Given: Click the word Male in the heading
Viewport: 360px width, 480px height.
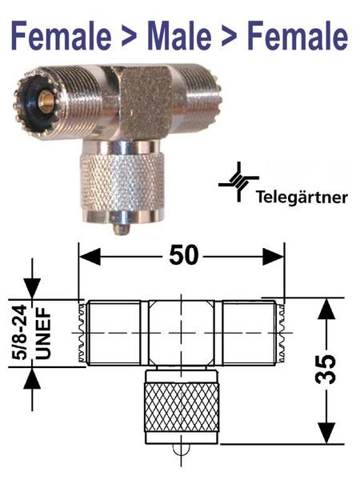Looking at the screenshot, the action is tap(179, 36).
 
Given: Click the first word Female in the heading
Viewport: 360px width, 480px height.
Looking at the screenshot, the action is tap(62, 36).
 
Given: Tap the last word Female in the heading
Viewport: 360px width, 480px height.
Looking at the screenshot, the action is tap(298, 36).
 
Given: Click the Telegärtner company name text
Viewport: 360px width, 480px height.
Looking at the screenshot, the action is tap(302, 198).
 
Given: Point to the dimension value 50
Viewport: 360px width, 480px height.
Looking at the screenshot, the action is tap(184, 254).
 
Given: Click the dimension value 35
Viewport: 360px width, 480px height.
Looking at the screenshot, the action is tap(326, 369).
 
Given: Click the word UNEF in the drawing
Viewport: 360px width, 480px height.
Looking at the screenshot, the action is tap(43, 333).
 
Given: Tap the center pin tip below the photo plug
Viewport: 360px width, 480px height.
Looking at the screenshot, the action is tap(122, 230).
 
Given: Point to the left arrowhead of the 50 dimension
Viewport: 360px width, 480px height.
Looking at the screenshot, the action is tap(90, 257).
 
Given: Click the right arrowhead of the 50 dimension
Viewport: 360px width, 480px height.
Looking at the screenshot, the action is tap(274, 257).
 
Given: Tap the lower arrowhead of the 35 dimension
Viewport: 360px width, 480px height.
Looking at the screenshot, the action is tap(327, 433).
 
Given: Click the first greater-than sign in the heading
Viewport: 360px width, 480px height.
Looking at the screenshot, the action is tap(129, 36).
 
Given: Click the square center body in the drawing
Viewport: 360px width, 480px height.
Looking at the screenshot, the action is tap(182, 333).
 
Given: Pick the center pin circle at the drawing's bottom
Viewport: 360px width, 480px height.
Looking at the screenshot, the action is tap(182, 450).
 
